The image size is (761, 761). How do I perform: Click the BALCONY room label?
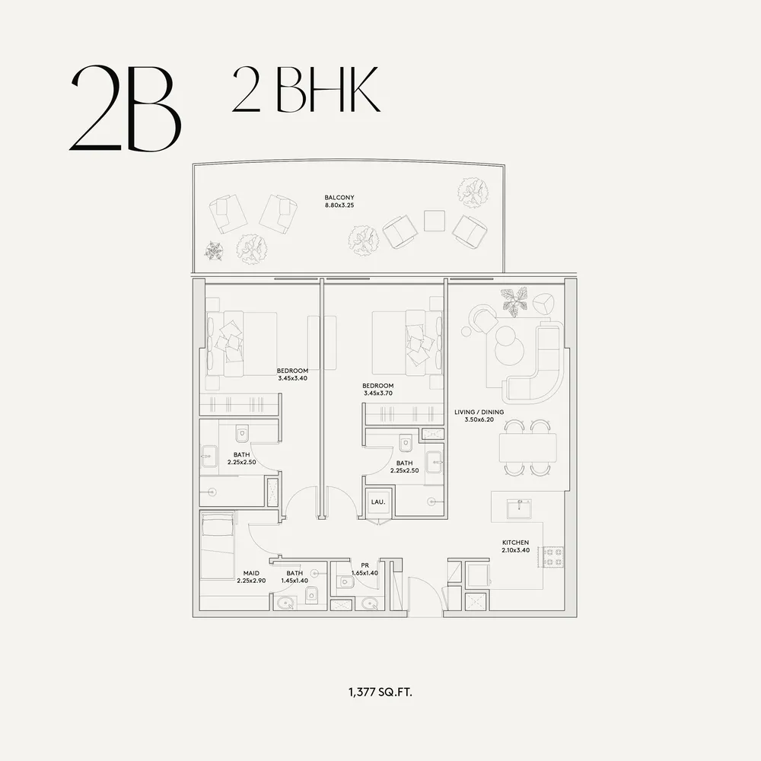point(339,198)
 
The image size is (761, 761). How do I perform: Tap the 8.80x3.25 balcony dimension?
point(339,205)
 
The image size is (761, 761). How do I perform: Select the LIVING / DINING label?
point(479,412)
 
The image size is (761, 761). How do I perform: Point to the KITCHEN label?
point(515,543)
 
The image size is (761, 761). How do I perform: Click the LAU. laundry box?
point(378,501)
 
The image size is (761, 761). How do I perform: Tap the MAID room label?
point(251,573)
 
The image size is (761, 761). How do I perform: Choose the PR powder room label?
point(365,565)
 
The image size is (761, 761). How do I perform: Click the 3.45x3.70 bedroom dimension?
point(377,393)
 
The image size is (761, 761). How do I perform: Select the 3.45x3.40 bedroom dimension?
point(293,378)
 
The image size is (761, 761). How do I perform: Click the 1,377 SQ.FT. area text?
point(380,692)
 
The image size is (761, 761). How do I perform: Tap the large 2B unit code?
point(126,108)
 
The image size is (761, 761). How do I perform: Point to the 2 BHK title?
point(306,89)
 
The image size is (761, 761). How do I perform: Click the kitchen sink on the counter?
point(519,508)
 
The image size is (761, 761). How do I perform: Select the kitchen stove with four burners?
point(552,557)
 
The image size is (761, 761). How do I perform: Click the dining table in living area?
point(528,447)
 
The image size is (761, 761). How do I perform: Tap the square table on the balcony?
point(435,221)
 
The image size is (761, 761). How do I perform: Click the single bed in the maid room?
point(218,545)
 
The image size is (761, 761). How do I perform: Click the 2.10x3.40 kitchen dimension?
point(515,550)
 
